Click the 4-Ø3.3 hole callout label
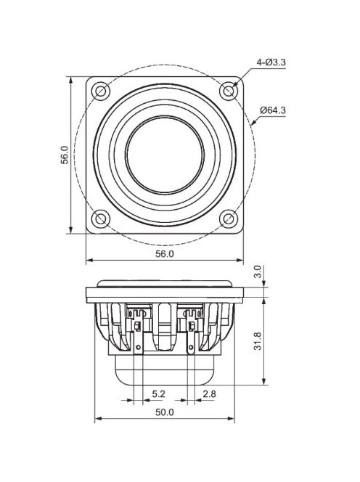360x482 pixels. point(271,62)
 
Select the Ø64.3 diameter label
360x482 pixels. point(273,110)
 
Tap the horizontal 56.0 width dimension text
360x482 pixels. point(165,254)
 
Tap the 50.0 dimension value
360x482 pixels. point(165,412)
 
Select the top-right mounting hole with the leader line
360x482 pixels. point(229,91)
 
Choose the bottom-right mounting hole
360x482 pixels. point(229,218)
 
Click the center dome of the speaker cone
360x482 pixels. point(165,154)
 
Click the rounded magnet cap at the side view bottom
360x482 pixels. point(165,373)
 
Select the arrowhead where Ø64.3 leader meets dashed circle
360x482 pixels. point(252,124)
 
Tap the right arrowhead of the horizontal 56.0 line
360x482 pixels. point(240,260)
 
